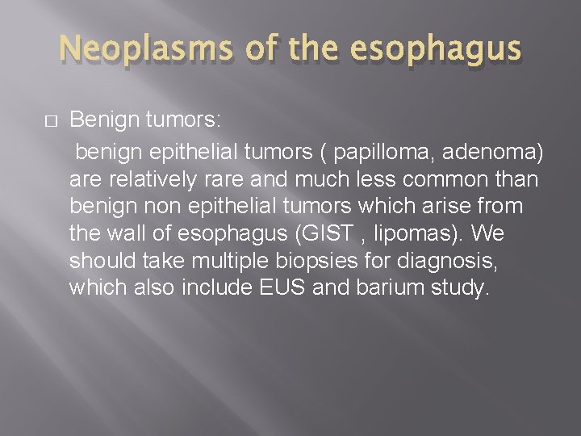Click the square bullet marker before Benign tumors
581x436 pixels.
(x=50, y=122)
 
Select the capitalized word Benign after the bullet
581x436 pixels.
(x=101, y=121)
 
